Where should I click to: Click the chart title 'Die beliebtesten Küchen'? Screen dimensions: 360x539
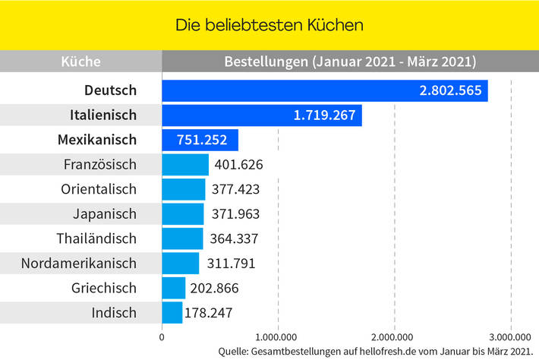point(269,25)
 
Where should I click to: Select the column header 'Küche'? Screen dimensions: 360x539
point(80,62)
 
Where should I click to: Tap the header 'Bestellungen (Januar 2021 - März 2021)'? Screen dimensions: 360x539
point(350,62)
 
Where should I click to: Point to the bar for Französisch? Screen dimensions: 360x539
point(185,165)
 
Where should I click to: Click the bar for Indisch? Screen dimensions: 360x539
point(172,312)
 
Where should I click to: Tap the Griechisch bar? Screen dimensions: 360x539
point(174,288)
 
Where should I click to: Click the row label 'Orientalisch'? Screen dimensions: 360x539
point(98,189)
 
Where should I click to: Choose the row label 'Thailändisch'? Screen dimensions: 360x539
point(96,238)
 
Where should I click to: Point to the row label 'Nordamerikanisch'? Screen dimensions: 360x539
point(80,264)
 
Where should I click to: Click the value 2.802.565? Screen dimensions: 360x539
point(450,90)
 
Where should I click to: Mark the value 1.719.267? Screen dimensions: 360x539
point(324,115)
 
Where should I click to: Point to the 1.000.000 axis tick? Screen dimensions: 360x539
point(278,336)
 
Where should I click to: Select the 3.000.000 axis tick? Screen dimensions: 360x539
point(510,336)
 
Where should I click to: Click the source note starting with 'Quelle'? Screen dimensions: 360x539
point(374,350)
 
